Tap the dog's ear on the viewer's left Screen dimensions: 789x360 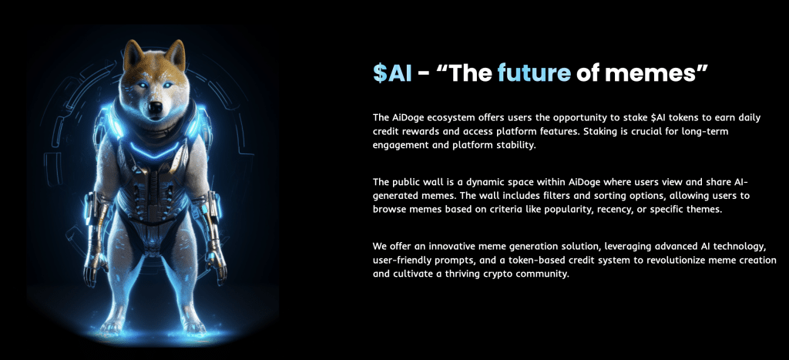coord(133,54)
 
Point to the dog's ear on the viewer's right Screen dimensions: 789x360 coord(176,54)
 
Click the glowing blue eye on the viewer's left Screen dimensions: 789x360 coord(143,85)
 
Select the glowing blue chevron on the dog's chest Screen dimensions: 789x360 coord(155,149)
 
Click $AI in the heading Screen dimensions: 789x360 coord(392,73)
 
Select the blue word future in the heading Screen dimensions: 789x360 coord(534,73)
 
